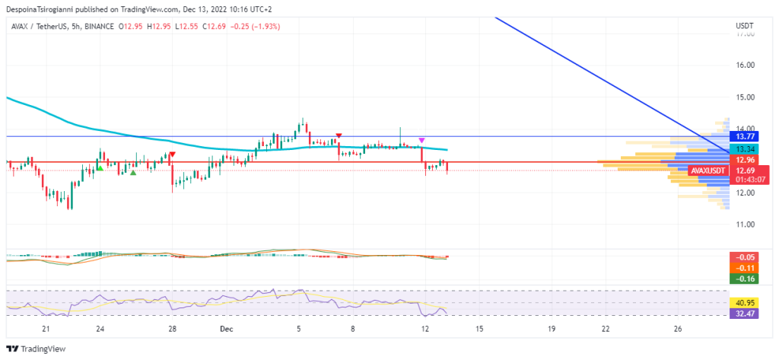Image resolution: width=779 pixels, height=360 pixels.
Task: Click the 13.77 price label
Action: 742,137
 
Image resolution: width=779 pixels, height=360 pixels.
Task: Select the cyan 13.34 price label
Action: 742,148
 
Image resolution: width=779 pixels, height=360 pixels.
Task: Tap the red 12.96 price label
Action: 742,160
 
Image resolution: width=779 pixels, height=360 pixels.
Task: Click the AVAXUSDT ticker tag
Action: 707,170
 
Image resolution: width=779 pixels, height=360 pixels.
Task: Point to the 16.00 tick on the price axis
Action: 745,65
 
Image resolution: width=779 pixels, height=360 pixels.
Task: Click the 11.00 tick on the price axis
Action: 745,225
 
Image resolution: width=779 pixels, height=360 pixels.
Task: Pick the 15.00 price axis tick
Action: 745,97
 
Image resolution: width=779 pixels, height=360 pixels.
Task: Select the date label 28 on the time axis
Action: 173,329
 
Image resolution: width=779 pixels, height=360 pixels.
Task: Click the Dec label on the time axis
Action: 225,329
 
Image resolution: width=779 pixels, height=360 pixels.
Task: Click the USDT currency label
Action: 745,26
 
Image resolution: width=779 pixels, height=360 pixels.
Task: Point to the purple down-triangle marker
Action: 421,141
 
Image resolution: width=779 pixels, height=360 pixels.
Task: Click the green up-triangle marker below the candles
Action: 133,173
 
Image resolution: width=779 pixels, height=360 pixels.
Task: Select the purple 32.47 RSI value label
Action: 742,313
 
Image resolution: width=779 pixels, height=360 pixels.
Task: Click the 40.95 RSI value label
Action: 742,303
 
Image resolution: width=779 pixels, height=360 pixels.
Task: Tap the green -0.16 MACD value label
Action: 742,279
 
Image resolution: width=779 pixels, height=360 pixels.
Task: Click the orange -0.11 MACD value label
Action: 742,268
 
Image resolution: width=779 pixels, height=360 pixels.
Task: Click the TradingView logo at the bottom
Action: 37,349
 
